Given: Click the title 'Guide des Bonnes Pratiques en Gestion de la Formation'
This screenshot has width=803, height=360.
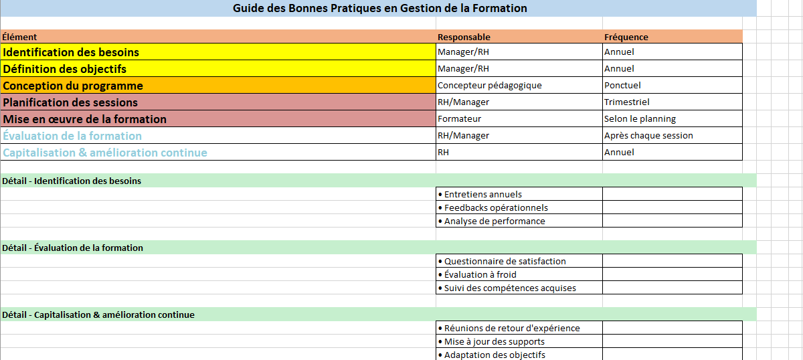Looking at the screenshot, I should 379,9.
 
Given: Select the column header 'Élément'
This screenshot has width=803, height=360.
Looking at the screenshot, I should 20,37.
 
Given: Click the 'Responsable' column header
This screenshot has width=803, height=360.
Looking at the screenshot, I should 464,37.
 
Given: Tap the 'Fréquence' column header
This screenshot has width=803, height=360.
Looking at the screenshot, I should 626,37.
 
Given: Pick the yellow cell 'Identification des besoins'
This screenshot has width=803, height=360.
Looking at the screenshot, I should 72,52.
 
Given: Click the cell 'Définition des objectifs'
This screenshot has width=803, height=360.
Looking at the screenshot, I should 65,69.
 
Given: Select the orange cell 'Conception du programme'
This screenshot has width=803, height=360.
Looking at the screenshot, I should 73,86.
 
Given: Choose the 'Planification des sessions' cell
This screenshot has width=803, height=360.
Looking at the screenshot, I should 70,102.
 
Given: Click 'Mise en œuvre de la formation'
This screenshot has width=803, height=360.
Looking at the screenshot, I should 85,119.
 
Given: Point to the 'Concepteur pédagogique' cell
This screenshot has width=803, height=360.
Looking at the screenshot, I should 489,85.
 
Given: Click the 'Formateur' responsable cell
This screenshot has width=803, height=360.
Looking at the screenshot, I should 459,118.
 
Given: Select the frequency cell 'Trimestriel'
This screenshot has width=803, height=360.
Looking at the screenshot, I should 626,102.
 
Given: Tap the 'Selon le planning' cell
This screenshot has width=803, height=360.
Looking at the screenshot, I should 640,118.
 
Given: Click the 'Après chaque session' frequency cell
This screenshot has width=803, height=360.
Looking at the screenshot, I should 648,135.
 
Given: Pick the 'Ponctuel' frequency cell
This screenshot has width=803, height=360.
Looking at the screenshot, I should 622,85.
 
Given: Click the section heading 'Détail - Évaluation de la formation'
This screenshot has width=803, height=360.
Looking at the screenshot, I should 72,248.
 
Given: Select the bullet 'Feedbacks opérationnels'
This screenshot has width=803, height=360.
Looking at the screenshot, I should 496,207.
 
